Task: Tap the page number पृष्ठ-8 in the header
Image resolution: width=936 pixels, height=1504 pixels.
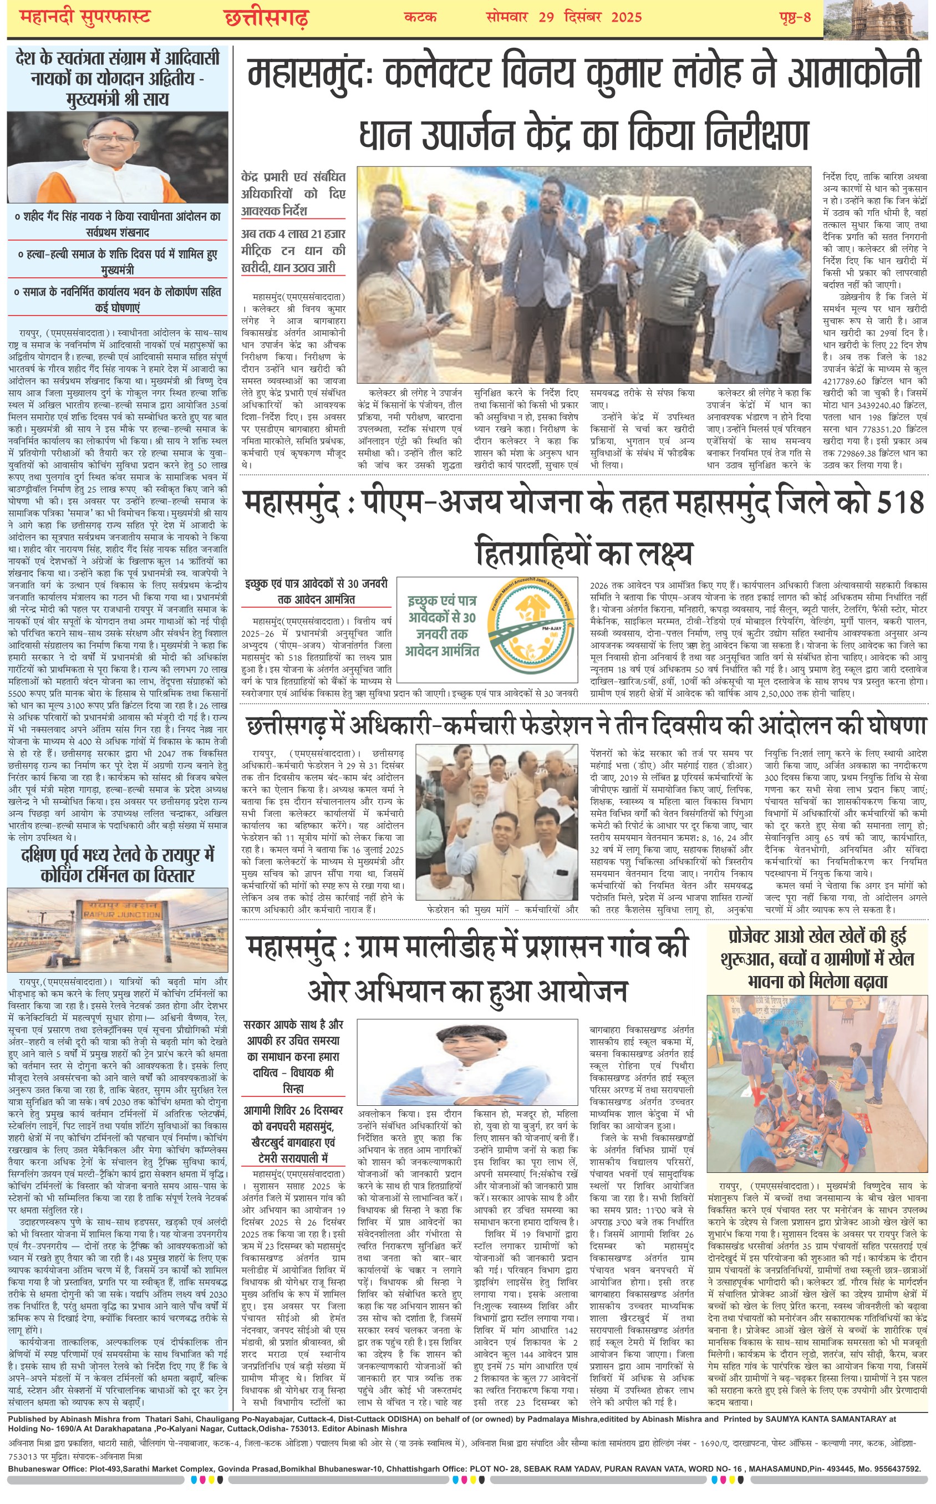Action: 795,17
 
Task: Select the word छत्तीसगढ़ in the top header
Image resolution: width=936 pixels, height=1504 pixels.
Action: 266,17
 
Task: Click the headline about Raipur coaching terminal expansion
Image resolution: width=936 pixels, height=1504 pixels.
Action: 117,865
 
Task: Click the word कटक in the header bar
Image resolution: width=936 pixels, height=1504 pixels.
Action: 420,17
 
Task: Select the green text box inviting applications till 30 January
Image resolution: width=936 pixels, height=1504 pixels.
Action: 442,625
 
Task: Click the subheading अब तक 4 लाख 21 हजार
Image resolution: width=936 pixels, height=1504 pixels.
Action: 293,234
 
